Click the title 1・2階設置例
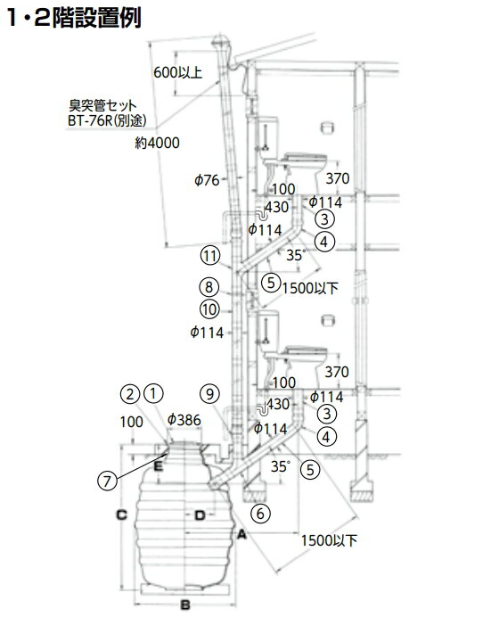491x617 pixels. tap(74, 18)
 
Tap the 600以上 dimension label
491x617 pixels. tap(177, 72)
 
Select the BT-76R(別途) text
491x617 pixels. tap(107, 120)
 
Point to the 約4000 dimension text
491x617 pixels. tap(157, 143)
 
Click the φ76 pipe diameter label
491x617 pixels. tap(207, 180)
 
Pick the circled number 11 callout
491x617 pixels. tap(210, 256)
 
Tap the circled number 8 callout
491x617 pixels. tap(209, 287)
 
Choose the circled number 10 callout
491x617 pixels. tap(210, 309)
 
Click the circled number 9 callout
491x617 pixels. tap(210, 393)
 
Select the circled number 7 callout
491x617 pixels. tap(107, 481)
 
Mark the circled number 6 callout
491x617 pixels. tap(260, 514)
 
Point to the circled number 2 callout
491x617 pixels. tap(130, 394)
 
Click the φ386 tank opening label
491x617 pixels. tap(184, 420)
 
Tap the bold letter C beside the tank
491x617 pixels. tap(122, 514)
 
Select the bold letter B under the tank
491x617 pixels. tap(185, 605)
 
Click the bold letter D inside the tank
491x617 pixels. tap(200, 515)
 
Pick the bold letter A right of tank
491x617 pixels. tap(241, 534)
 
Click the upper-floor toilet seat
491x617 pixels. tap(305, 158)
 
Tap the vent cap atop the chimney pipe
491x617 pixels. tap(221, 41)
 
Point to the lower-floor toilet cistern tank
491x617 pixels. tap(267, 325)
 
